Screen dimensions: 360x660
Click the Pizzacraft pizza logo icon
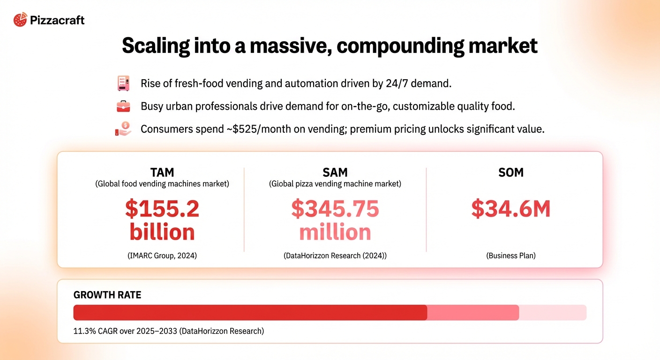pyautogui.click(x=20, y=20)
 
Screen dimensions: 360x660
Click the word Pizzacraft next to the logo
pyautogui.click(x=57, y=20)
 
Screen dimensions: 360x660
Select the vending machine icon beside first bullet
pyautogui.click(x=123, y=83)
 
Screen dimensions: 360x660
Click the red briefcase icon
pyautogui.click(x=123, y=106)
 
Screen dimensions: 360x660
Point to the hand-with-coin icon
pyautogui.click(x=123, y=129)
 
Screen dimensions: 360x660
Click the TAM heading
pyautogui.click(x=162, y=172)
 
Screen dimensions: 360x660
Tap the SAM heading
pyautogui.click(x=335, y=172)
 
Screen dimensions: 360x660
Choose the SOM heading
pyautogui.click(x=511, y=172)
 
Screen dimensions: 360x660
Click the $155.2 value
pyautogui.click(x=162, y=209)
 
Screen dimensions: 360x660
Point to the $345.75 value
pyautogui.click(x=335, y=209)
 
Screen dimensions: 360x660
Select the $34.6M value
pyautogui.click(x=511, y=209)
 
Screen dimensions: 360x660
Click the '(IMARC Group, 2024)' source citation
pyautogui.click(x=162, y=256)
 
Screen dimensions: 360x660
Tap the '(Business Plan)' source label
pyautogui.click(x=511, y=256)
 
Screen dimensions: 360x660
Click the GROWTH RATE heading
pyautogui.click(x=107, y=295)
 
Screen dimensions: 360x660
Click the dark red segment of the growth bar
pyautogui.click(x=250, y=313)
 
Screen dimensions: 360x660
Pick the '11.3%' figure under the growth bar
pyautogui.click(x=84, y=331)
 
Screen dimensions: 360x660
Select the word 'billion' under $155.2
pyautogui.click(x=162, y=232)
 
